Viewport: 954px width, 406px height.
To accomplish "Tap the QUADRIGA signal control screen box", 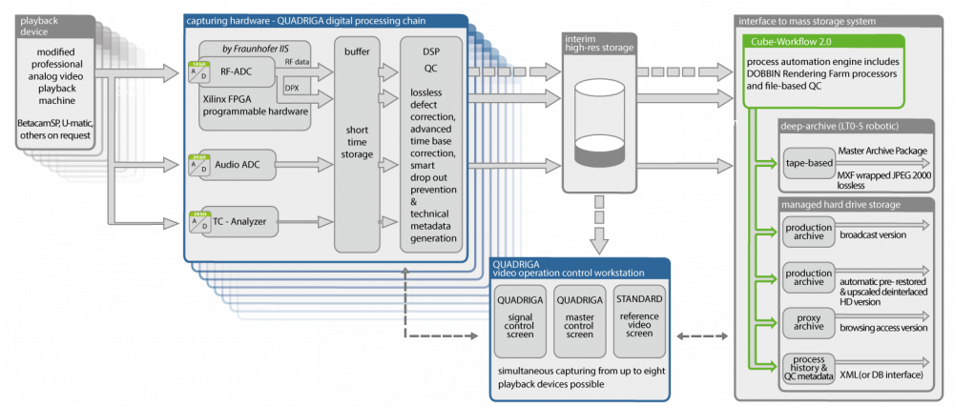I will pyautogui.click(x=521, y=319).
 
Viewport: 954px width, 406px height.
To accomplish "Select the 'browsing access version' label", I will pyautogui.click(x=883, y=328).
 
